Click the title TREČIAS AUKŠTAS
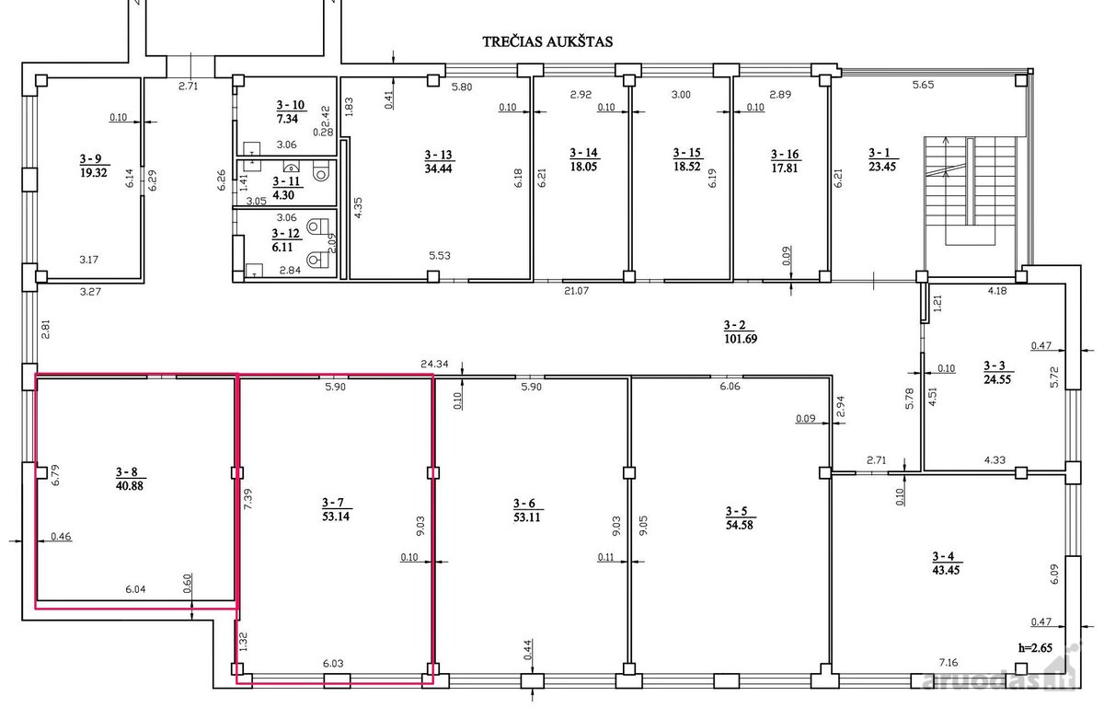547,42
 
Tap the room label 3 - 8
127,472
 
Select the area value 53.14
336,516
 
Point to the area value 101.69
741,339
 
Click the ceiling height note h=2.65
1036,648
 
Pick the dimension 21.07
576,291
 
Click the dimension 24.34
434,364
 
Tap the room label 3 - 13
439,155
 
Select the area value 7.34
287,119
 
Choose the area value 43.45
946,570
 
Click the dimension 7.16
949,663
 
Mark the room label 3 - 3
995,366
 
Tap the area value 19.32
94,173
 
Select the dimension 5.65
923,85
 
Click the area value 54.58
740,525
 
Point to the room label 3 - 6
523,504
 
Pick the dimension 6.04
135,589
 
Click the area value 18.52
687,167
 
